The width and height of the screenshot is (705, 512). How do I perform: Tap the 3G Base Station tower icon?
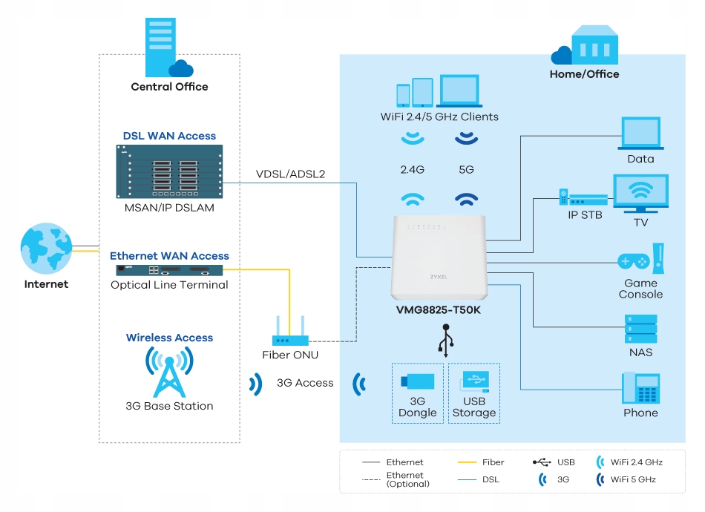[169, 371]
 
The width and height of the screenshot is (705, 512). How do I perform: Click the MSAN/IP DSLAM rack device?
[169, 171]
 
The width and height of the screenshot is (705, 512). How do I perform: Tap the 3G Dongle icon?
[417, 382]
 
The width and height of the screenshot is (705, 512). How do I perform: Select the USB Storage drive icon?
[473, 382]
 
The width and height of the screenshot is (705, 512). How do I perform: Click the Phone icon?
[640, 388]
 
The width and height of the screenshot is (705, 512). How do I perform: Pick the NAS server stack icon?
[640, 329]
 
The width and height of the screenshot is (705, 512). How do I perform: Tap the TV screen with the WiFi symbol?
[640, 194]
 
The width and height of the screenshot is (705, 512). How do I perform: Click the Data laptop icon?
[640, 133]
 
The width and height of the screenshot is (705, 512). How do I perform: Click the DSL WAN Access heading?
[169, 136]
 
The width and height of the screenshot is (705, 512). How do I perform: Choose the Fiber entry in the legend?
[482, 462]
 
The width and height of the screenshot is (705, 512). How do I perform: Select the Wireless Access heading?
[169, 338]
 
